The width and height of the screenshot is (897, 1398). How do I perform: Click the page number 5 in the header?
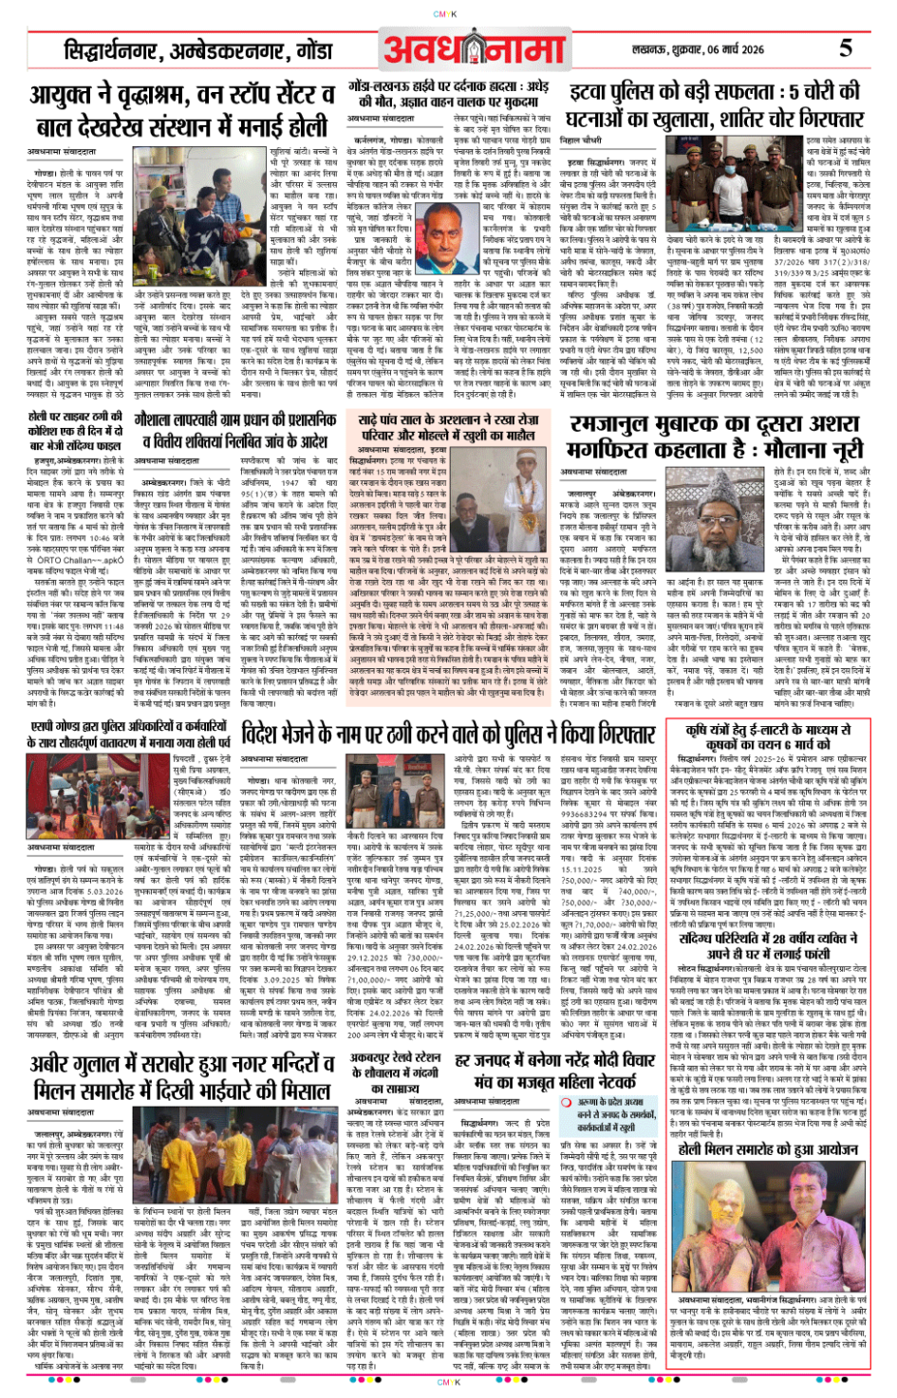pyautogui.click(x=845, y=47)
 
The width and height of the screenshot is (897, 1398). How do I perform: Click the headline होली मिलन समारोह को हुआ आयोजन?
pyautogui.click(x=769, y=1148)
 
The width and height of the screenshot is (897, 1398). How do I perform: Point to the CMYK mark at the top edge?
pyautogui.click(x=445, y=14)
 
